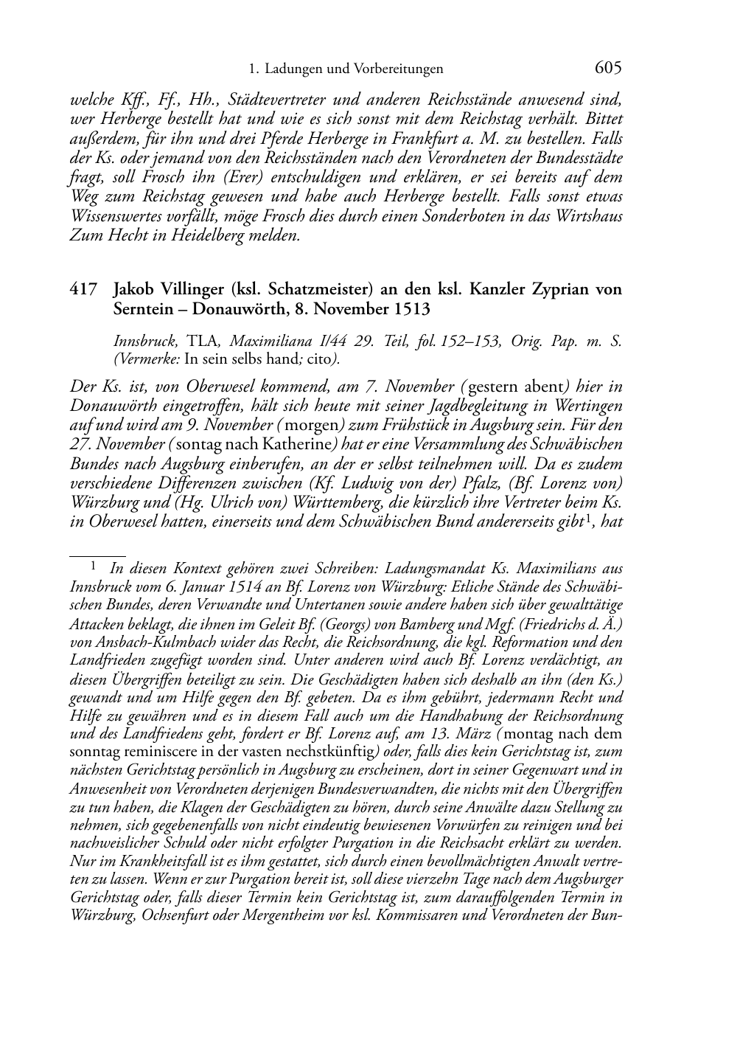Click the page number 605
607,68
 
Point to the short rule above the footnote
97,550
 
